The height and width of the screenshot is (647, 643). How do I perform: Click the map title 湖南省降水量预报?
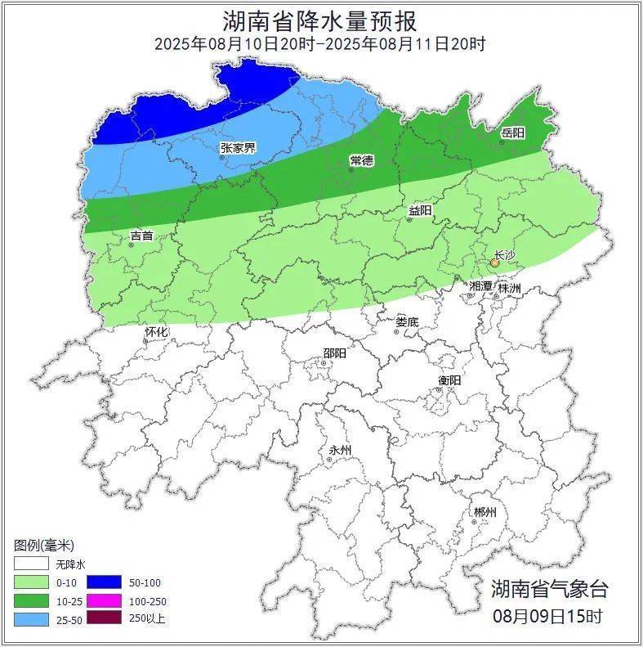click(x=320, y=20)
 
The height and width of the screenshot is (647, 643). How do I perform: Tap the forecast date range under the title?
click(x=320, y=44)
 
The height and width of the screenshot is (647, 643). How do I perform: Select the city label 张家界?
click(x=238, y=148)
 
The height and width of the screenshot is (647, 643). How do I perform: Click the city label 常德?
click(x=361, y=160)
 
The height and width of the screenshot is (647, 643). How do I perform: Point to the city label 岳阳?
click(x=512, y=133)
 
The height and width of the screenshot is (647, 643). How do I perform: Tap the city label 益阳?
click(x=420, y=211)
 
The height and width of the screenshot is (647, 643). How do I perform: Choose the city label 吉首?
click(x=141, y=236)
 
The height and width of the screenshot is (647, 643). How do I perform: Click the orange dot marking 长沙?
click(x=494, y=263)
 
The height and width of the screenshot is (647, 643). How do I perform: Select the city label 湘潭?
click(x=480, y=286)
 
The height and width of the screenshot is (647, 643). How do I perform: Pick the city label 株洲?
click(x=509, y=288)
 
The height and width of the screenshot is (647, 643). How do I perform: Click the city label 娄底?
click(x=406, y=322)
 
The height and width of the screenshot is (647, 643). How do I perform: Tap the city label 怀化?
click(x=156, y=332)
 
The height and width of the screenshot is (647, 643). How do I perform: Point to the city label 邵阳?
click(x=334, y=353)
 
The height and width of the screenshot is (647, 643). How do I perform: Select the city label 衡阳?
click(x=449, y=380)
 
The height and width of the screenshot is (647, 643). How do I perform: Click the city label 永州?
click(x=339, y=451)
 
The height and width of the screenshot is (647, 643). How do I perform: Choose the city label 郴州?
click(x=484, y=512)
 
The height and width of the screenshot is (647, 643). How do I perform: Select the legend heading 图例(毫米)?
click(x=44, y=545)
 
